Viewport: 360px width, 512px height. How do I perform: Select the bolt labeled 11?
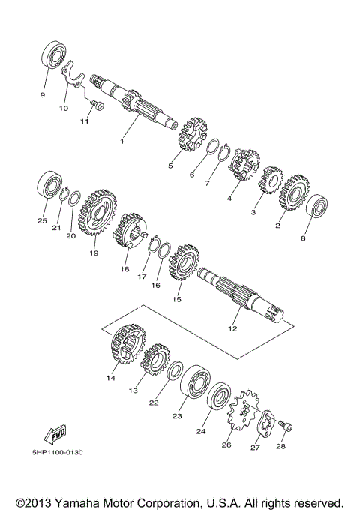point(94,104)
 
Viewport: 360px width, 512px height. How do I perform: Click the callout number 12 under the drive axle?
point(232,328)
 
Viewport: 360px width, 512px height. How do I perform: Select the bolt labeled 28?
point(285,427)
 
